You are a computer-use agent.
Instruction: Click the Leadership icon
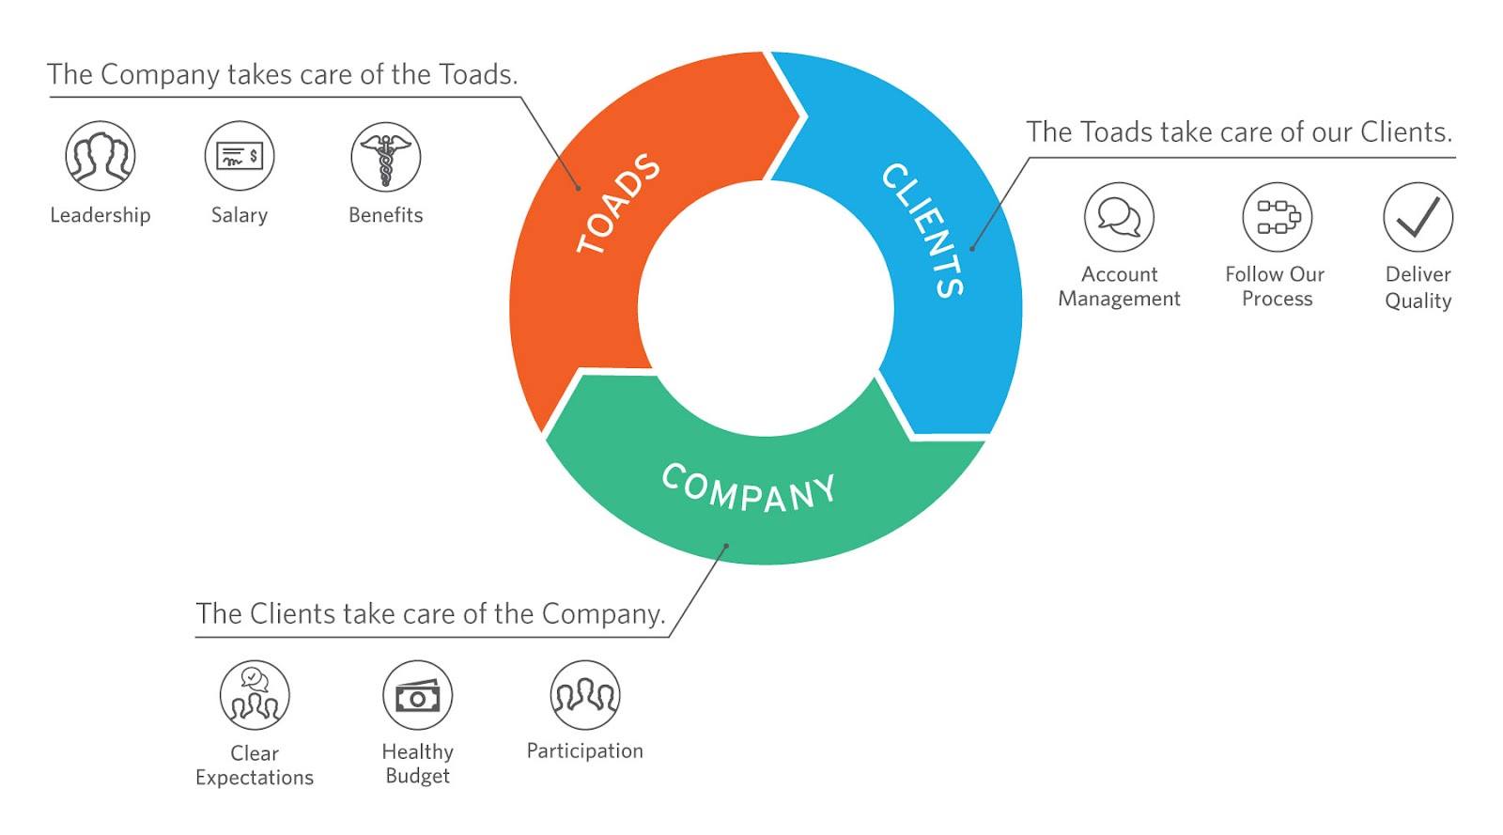tap(101, 156)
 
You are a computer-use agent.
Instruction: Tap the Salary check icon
tap(240, 156)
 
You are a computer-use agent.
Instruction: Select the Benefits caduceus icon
tap(385, 157)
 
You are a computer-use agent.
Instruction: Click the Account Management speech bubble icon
tap(1119, 217)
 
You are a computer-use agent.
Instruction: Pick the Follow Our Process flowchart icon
tap(1277, 217)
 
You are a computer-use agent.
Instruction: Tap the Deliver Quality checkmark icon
tap(1418, 217)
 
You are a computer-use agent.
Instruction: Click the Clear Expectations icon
tap(255, 695)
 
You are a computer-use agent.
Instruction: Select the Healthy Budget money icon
tap(418, 695)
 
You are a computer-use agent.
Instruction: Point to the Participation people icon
tap(585, 695)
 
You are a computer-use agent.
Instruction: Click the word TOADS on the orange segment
tap(618, 204)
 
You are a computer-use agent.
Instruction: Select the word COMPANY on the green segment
tap(749, 487)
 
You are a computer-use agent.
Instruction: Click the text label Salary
tap(240, 215)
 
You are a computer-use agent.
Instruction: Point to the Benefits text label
tap(385, 215)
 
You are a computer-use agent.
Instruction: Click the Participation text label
tap(584, 750)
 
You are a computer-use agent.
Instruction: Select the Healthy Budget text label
tap(418, 764)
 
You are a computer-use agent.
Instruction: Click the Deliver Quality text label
tap(1418, 287)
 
